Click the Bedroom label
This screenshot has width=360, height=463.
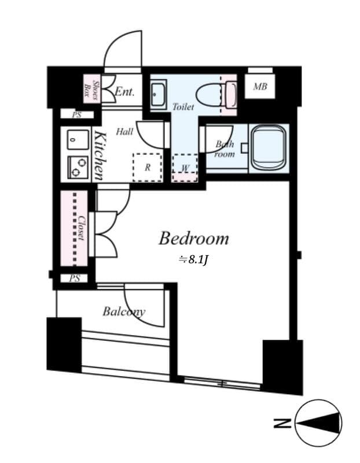pyautogui.click(x=194, y=238)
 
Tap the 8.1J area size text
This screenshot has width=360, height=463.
pyautogui.click(x=193, y=259)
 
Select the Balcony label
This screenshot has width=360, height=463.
pyautogui.click(x=124, y=312)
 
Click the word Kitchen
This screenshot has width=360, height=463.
pyautogui.click(x=99, y=156)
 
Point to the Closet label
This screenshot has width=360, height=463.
pyautogui.click(x=82, y=229)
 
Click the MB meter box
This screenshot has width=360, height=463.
pyautogui.click(x=260, y=87)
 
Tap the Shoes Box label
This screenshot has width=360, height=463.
pyautogui.click(x=91, y=88)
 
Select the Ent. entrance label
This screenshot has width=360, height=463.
pyautogui.click(x=124, y=91)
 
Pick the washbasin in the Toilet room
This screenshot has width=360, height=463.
pyautogui.click(x=159, y=94)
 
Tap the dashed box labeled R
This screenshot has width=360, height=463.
pyautogui.click(x=148, y=168)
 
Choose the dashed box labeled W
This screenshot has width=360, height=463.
pyautogui.click(x=186, y=168)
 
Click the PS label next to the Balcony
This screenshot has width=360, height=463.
pyautogui.click(x=75, y=279)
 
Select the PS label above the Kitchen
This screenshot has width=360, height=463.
pyautogui.click(x=76, y=115)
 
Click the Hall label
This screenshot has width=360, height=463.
pyautogui.click(x=124, y=132)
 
